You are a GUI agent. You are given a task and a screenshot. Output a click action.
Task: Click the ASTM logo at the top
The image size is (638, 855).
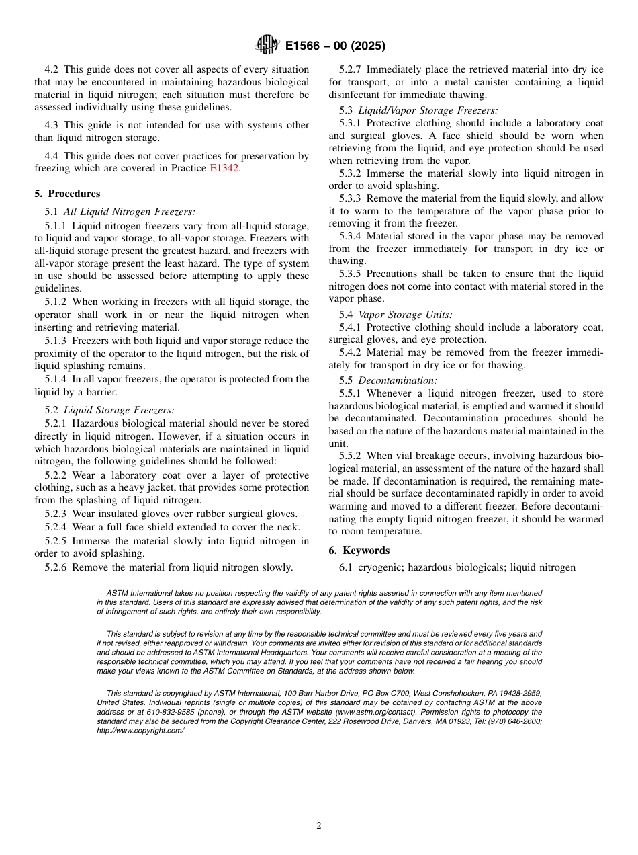point(267,46)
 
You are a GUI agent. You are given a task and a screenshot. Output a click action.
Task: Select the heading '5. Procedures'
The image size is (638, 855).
point(67,194)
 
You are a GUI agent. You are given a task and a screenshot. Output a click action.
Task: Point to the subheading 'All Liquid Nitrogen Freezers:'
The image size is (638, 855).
point(130,212)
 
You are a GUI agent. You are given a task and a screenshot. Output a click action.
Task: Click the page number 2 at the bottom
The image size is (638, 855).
point(319,826)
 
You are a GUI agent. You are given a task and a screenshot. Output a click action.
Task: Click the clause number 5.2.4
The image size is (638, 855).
point(56,528)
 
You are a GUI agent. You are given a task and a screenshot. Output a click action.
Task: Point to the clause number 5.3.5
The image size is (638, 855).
point(351,274)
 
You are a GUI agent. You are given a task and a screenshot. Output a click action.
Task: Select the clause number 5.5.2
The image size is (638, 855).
point(351,456)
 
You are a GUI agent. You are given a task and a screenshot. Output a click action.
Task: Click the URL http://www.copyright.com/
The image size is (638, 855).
point(140,730)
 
